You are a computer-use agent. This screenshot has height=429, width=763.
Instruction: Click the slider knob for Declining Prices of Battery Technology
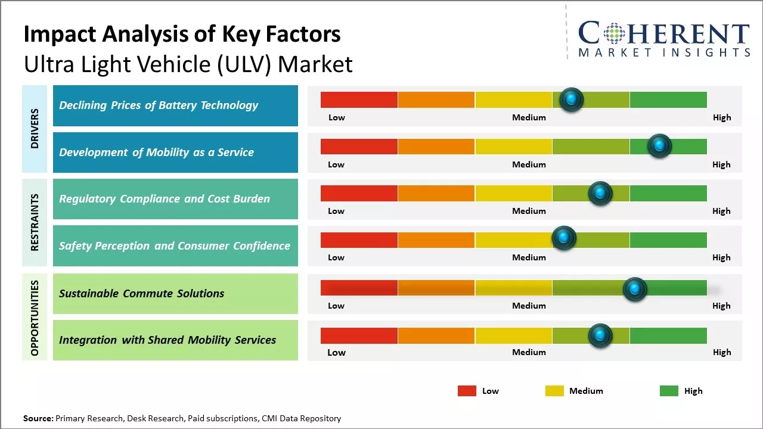click(572, 100)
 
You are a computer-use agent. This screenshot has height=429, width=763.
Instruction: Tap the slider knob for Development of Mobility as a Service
click(659, 146)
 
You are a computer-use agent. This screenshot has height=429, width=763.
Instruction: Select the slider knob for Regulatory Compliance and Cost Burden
click(600, 193)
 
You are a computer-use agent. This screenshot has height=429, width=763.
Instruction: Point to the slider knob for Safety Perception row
click(564, 238)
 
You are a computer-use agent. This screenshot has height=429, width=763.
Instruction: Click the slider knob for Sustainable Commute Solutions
click(635, 290)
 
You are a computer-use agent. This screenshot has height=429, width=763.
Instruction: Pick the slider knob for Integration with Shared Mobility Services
click(600, 335)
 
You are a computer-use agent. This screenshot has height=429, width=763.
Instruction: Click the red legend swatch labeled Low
click(467, 391)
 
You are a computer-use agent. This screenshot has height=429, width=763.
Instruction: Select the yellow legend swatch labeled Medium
click(554, 391)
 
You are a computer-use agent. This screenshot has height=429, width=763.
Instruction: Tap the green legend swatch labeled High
click(669, 391)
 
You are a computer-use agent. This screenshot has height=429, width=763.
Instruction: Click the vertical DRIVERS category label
click(35, 129)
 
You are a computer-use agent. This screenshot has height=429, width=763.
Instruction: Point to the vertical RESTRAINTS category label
click(35, 222)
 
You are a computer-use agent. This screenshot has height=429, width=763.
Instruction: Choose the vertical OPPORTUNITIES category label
click(35, 318)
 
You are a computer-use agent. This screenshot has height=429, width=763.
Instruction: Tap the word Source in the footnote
click(38, 418)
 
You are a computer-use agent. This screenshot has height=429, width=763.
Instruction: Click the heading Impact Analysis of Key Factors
click(182, 35)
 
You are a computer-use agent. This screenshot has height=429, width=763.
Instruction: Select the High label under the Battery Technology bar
click(721, 117)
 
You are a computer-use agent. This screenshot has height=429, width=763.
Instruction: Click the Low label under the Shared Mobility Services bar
click(336, 352)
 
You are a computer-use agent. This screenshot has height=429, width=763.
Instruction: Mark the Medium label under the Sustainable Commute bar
click(529, 306)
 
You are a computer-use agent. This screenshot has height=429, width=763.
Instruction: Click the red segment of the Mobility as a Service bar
click(359, 147)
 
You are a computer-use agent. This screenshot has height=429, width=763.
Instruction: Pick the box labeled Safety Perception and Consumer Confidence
click(175, 245)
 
